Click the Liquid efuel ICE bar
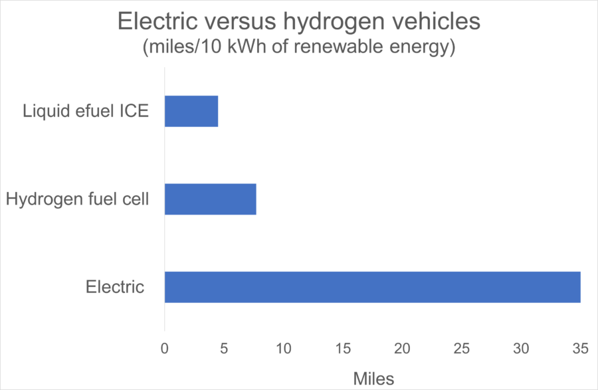(191, 112)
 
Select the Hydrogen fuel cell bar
(210, 199)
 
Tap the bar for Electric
(372, 287)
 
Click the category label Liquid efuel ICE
(85, 112)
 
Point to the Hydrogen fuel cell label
(75, 199)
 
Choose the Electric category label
(114, 287)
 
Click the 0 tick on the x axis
(165, 348)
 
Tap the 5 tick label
(224, 348)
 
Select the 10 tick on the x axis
(284, 348)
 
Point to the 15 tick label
(343, 348)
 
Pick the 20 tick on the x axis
(403, 348)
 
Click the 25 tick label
(462, 348)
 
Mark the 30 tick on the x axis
(522, 348)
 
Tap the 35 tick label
(581, 348)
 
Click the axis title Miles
(373, 379)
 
